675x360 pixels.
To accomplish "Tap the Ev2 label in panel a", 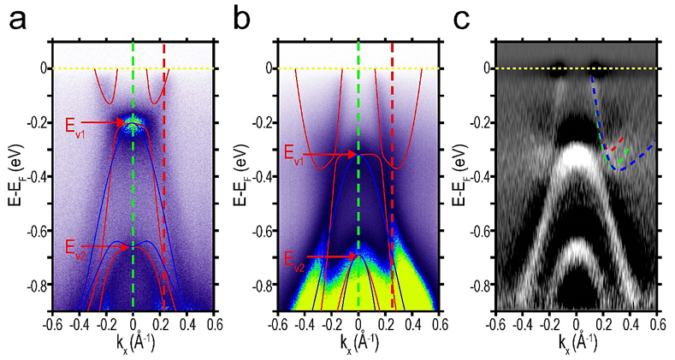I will [77, 248].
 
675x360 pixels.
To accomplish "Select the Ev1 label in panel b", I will [295, 154].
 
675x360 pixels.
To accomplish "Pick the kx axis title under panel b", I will [357, 344].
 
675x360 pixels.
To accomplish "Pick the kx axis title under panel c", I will [579, 344].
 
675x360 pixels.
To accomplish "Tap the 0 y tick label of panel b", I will [268, 68].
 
